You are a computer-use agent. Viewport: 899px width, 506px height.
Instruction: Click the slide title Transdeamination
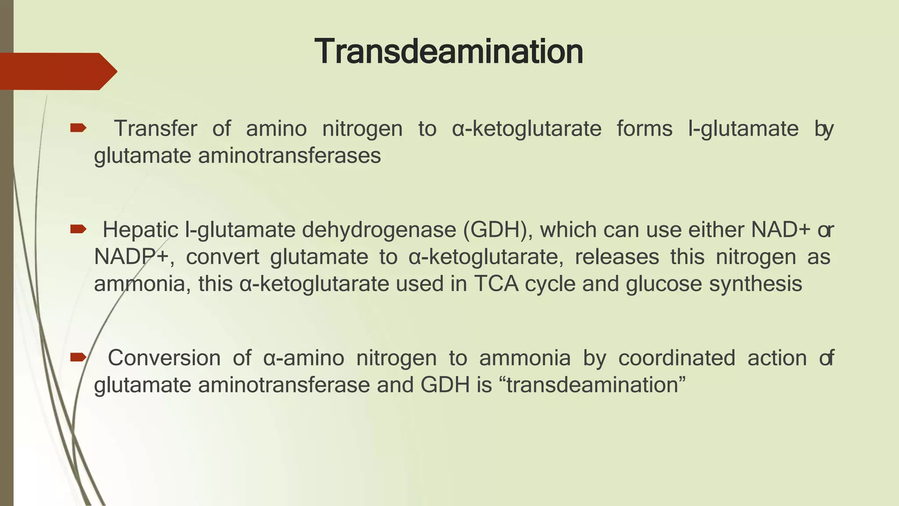(449, 52)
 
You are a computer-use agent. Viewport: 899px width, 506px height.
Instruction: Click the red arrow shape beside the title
(57, 71)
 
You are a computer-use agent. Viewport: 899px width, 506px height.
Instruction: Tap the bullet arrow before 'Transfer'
(78, 128)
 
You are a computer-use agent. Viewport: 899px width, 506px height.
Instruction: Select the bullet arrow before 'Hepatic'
(78, 229)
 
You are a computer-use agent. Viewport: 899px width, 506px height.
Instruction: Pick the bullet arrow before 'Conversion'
(78, 357)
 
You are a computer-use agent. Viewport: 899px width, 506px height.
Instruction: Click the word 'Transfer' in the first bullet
(155, 129)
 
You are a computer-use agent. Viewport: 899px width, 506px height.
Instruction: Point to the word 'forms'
(644, 129)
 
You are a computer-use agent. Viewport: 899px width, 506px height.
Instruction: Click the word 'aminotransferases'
(289, 155)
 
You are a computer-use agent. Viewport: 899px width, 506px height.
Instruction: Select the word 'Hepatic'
(140, 230)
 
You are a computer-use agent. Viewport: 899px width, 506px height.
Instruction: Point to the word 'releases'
(617, 257)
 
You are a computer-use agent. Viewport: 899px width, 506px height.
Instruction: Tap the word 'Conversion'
(164, 358)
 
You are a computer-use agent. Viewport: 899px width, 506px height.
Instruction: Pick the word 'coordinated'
(676, 358)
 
